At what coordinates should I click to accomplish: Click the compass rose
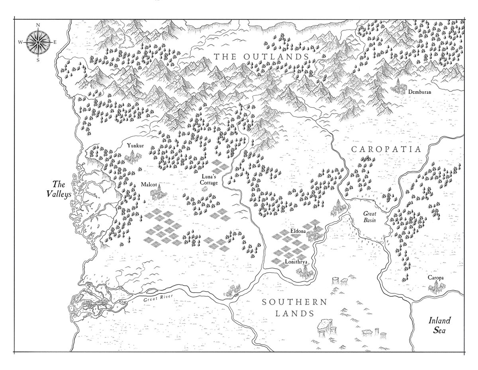point(38,42)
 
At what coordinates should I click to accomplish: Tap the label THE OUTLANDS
point(262,57)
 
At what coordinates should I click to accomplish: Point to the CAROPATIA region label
point(386,149)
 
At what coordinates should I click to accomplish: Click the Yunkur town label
point(133,145)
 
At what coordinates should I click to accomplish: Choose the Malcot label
point(149,185)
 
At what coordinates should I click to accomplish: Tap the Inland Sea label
point(439,325)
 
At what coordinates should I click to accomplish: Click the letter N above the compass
point(38,25)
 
